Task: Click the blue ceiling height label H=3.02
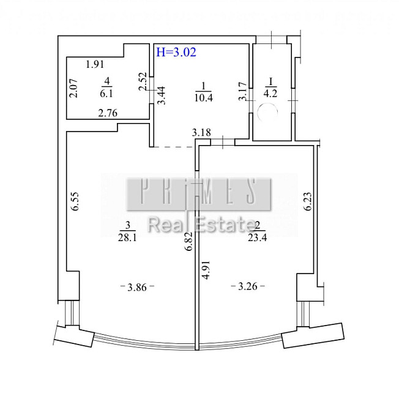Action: click(x=176, y=52)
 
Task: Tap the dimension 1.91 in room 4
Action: click(x=95, y=64)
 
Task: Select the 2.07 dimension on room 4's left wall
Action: click(x=73, y=88)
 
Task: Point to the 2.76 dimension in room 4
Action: click(x=108, y=113)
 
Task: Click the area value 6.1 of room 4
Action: click(x=106, y=93)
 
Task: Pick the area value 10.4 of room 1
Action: click(x=204, y=98)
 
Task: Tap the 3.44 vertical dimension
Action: click(x=162, y=95)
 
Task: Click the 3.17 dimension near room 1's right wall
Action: click(x=243, y=91)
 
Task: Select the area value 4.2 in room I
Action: click(x=270, y=93)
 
